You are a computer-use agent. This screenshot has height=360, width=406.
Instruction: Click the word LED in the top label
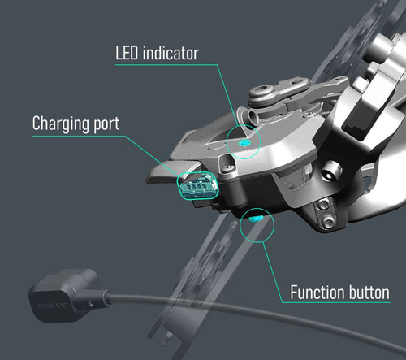click(x=127, y=53)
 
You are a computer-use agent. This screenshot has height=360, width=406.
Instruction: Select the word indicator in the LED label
click(x=171, y=53)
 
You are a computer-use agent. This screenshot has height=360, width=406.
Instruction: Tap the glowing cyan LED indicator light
click(x=244, y=142)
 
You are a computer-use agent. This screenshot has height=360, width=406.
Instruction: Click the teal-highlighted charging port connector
click(x=197, y=186)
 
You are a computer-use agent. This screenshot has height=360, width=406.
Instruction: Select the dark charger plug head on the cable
click(x=64, y=296)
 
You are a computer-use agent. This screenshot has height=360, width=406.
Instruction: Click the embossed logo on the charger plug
click(x=54, y=306)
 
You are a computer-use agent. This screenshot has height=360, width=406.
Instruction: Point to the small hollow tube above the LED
click(x=251, y=117)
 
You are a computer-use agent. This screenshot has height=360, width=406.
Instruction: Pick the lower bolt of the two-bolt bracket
click(x=328, y=221)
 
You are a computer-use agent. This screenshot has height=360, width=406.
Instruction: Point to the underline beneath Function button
click(x=335, y=302)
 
